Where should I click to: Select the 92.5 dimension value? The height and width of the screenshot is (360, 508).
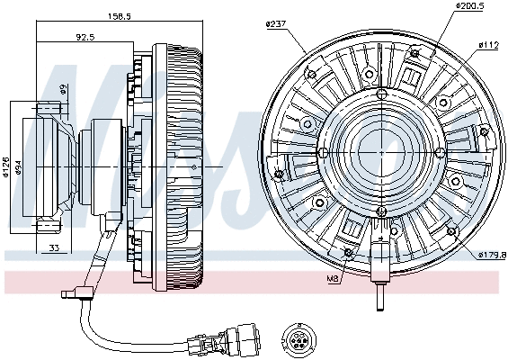[85, 38]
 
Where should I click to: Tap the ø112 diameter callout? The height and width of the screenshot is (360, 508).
[488, 43]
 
